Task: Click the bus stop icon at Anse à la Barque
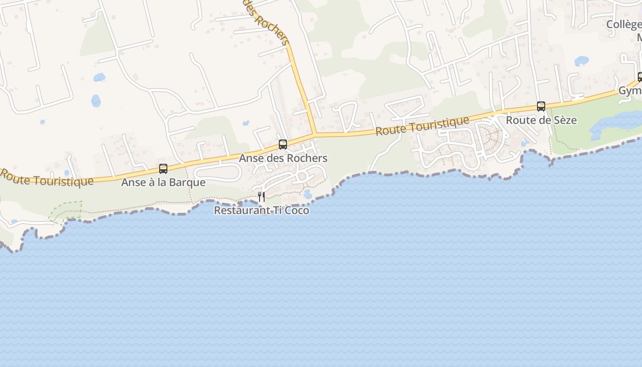pyautogui.click(x=163, y=168)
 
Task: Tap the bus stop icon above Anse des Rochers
pyautogui.click(x=283, y=144)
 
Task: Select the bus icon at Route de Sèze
pyautogui.click(x=541, y=106)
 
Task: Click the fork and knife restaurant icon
pyautogui.click(x=261, y=197)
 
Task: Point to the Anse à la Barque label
pyautogui.click(x=163, y=182)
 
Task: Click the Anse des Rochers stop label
pyautogui.click(x=283, y=158)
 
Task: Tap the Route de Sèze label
pyautogui.click(x=541, y=120)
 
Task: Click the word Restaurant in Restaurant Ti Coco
pyautogui.click(x=239, y=211)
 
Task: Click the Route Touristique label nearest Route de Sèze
pyautogui.click(x=422, y=125)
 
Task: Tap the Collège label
pyautogui.click(x=624, y=24)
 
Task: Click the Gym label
pyautogui.click(x=630, y=91)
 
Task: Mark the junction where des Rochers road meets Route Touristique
pyautogui.click(x=315, y=134)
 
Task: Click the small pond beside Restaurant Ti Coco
pyautogui.click(x=308, y=195)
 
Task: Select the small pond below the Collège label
pyautogui.click(x=581, y=61)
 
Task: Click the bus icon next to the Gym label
pyautogui.click(x=640, y=77)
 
